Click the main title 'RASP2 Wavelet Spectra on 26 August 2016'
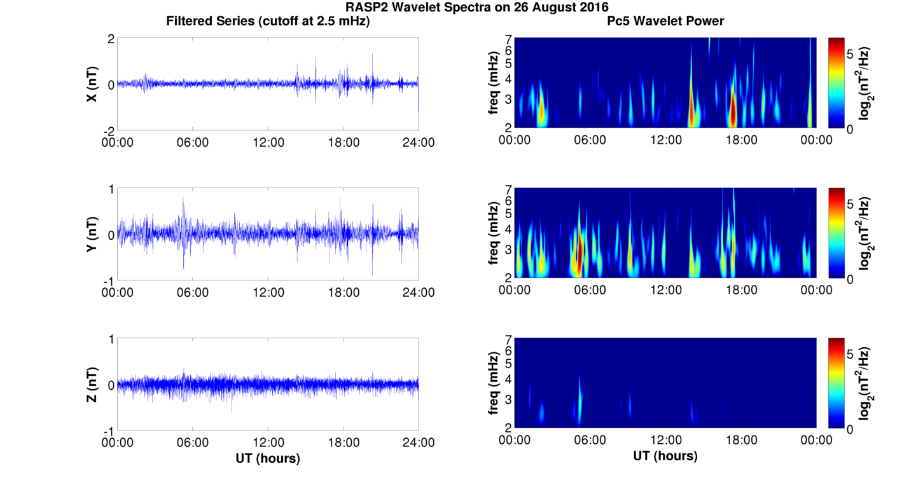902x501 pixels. click(477, 8)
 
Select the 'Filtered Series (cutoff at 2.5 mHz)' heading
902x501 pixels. click(268, 21)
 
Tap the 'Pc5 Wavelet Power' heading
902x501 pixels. click(665, 21)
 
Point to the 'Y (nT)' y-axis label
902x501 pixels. click(92, 235)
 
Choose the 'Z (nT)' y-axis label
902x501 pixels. click(92, 385)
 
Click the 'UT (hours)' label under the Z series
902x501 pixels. click(268, 458)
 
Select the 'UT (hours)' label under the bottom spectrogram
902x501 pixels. click(665, 455)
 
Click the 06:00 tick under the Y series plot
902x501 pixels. click(193, 292)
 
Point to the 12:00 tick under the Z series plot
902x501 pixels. click(268, 443)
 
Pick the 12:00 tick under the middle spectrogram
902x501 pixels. click(666, 290)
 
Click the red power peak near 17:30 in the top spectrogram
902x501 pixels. click(733, 111)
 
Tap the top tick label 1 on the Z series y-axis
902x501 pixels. click(111, 340)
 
